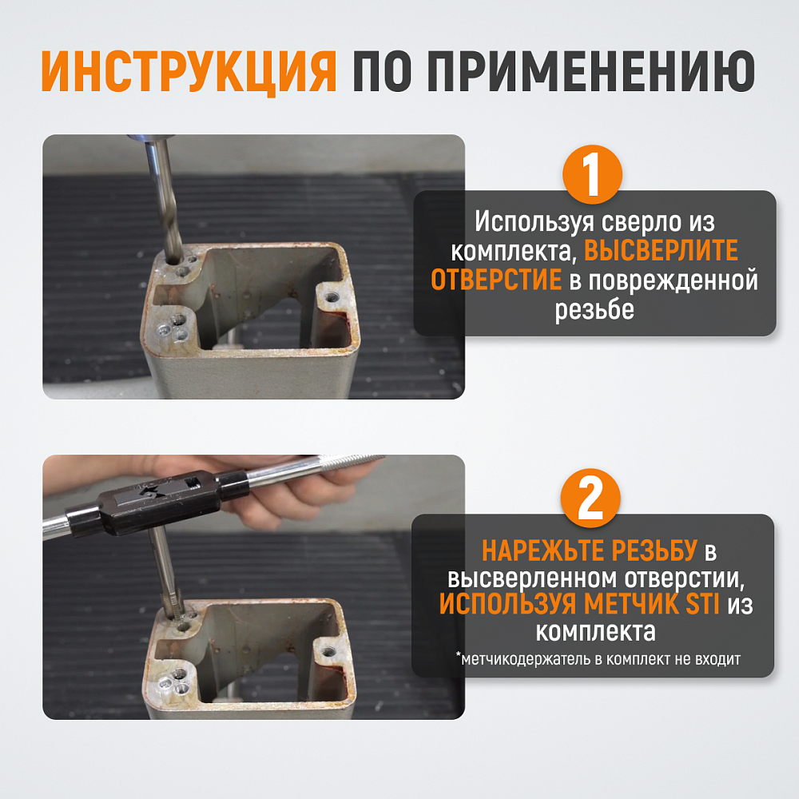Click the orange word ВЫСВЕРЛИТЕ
click(x=661, y=250)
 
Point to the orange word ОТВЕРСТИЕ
click(x=496, y=280)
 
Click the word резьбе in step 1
click(x=594, y=310)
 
